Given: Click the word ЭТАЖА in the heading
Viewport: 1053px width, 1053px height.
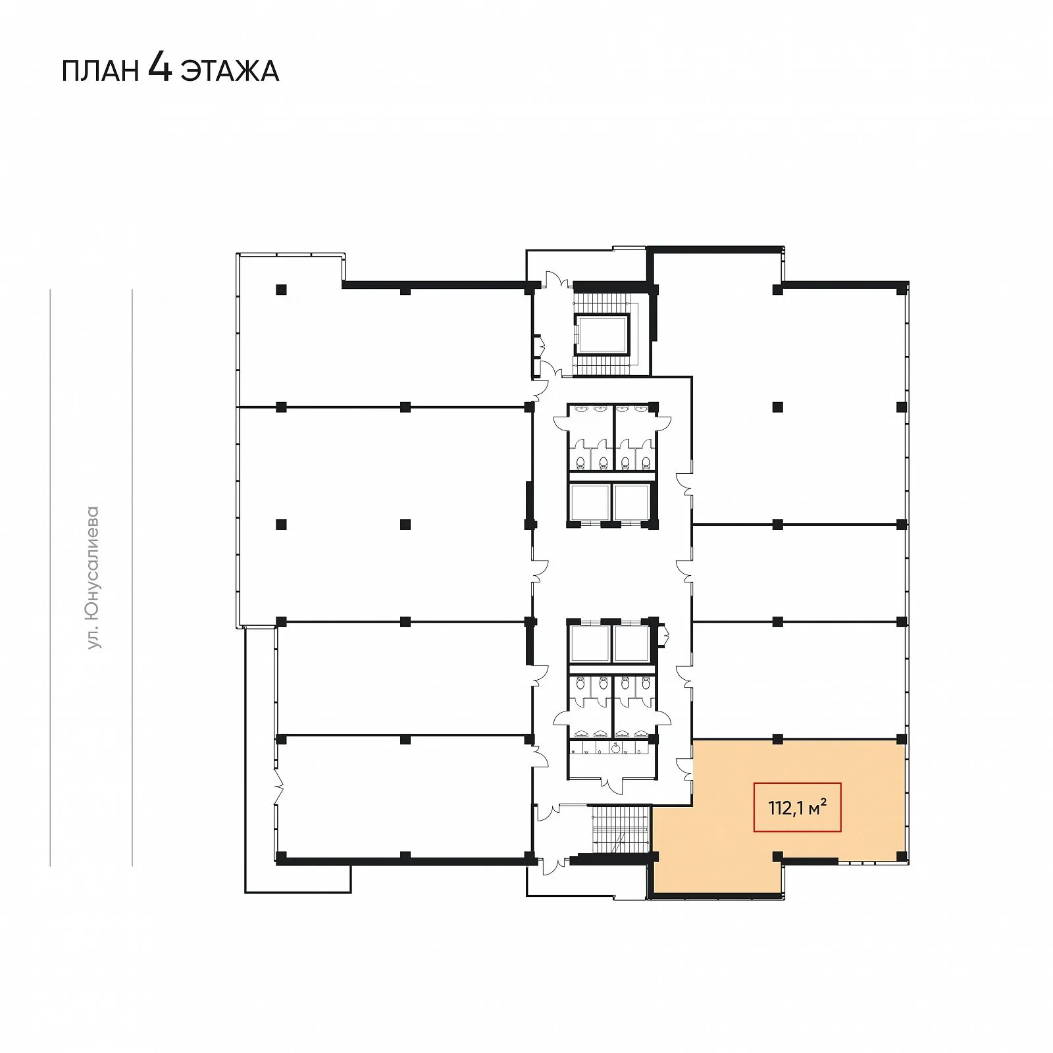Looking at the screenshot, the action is coord(230,71).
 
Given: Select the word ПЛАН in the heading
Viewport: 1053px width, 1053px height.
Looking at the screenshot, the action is coord(101,71).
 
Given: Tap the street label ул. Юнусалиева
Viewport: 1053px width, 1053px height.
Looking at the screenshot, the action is coord(93,577).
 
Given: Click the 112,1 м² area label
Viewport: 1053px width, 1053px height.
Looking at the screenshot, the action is coord(798,807).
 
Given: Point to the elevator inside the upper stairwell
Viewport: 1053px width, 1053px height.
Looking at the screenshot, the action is coord(602,334).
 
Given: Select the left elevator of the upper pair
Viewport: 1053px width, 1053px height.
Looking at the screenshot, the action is coord(589,502).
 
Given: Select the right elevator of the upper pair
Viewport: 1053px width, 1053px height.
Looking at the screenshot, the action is coord(632,502).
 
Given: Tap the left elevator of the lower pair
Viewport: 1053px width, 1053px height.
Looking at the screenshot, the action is coord(589,643).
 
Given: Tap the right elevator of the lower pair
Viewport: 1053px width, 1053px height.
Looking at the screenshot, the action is coord(632,643).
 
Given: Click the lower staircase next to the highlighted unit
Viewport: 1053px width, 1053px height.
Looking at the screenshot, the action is coord(620,829).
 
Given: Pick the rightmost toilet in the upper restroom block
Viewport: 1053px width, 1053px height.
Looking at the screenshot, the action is coord(646,462).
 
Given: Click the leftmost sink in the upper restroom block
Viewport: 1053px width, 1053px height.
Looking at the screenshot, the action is coord(580,409).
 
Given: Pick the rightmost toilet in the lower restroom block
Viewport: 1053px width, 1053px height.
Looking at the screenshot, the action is coord(646,683).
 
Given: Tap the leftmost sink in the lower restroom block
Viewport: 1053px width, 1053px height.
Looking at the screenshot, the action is coord(582,734).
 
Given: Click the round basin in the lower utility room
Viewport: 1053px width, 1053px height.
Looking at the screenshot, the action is coord(615,748).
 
